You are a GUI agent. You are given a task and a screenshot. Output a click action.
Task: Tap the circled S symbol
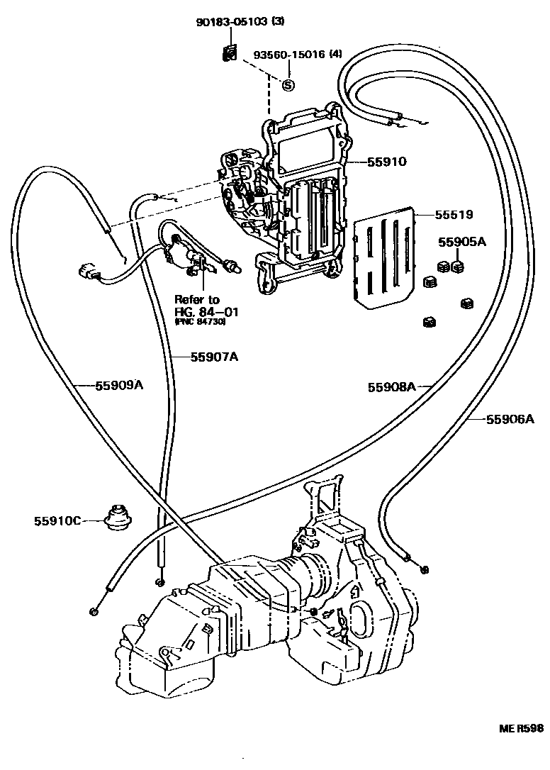point(288,85)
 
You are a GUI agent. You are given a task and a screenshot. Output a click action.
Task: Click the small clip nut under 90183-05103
point(228,54)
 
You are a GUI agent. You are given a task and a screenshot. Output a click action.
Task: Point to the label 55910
point(386,162)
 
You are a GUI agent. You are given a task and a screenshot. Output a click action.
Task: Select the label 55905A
point(461,242)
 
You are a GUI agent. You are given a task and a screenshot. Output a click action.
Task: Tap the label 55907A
point(213,357)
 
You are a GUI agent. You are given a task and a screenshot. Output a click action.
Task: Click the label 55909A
point(120,386)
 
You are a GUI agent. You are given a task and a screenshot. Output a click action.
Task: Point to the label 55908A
point(391,387)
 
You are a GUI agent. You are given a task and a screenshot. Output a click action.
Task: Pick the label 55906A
point(510,419)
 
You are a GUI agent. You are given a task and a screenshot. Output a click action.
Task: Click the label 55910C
point(57,521)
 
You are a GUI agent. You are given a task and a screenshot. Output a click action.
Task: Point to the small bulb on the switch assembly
point(232,267)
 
